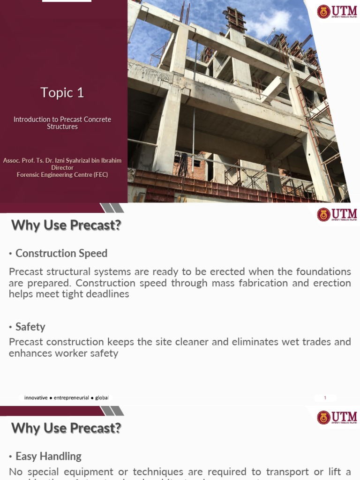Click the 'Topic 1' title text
[62, 93]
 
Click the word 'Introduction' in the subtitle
[29, 120]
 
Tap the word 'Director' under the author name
[62, 168]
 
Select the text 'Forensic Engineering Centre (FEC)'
[62, 175]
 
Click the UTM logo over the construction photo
[337, 12]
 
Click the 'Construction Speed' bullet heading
[61, 254]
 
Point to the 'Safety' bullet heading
[30, 327]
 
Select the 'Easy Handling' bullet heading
[48, 456]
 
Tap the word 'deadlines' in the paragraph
[107, 294]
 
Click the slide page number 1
[325, 398]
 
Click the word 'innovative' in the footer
[36, 397]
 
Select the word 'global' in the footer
[102, 397]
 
